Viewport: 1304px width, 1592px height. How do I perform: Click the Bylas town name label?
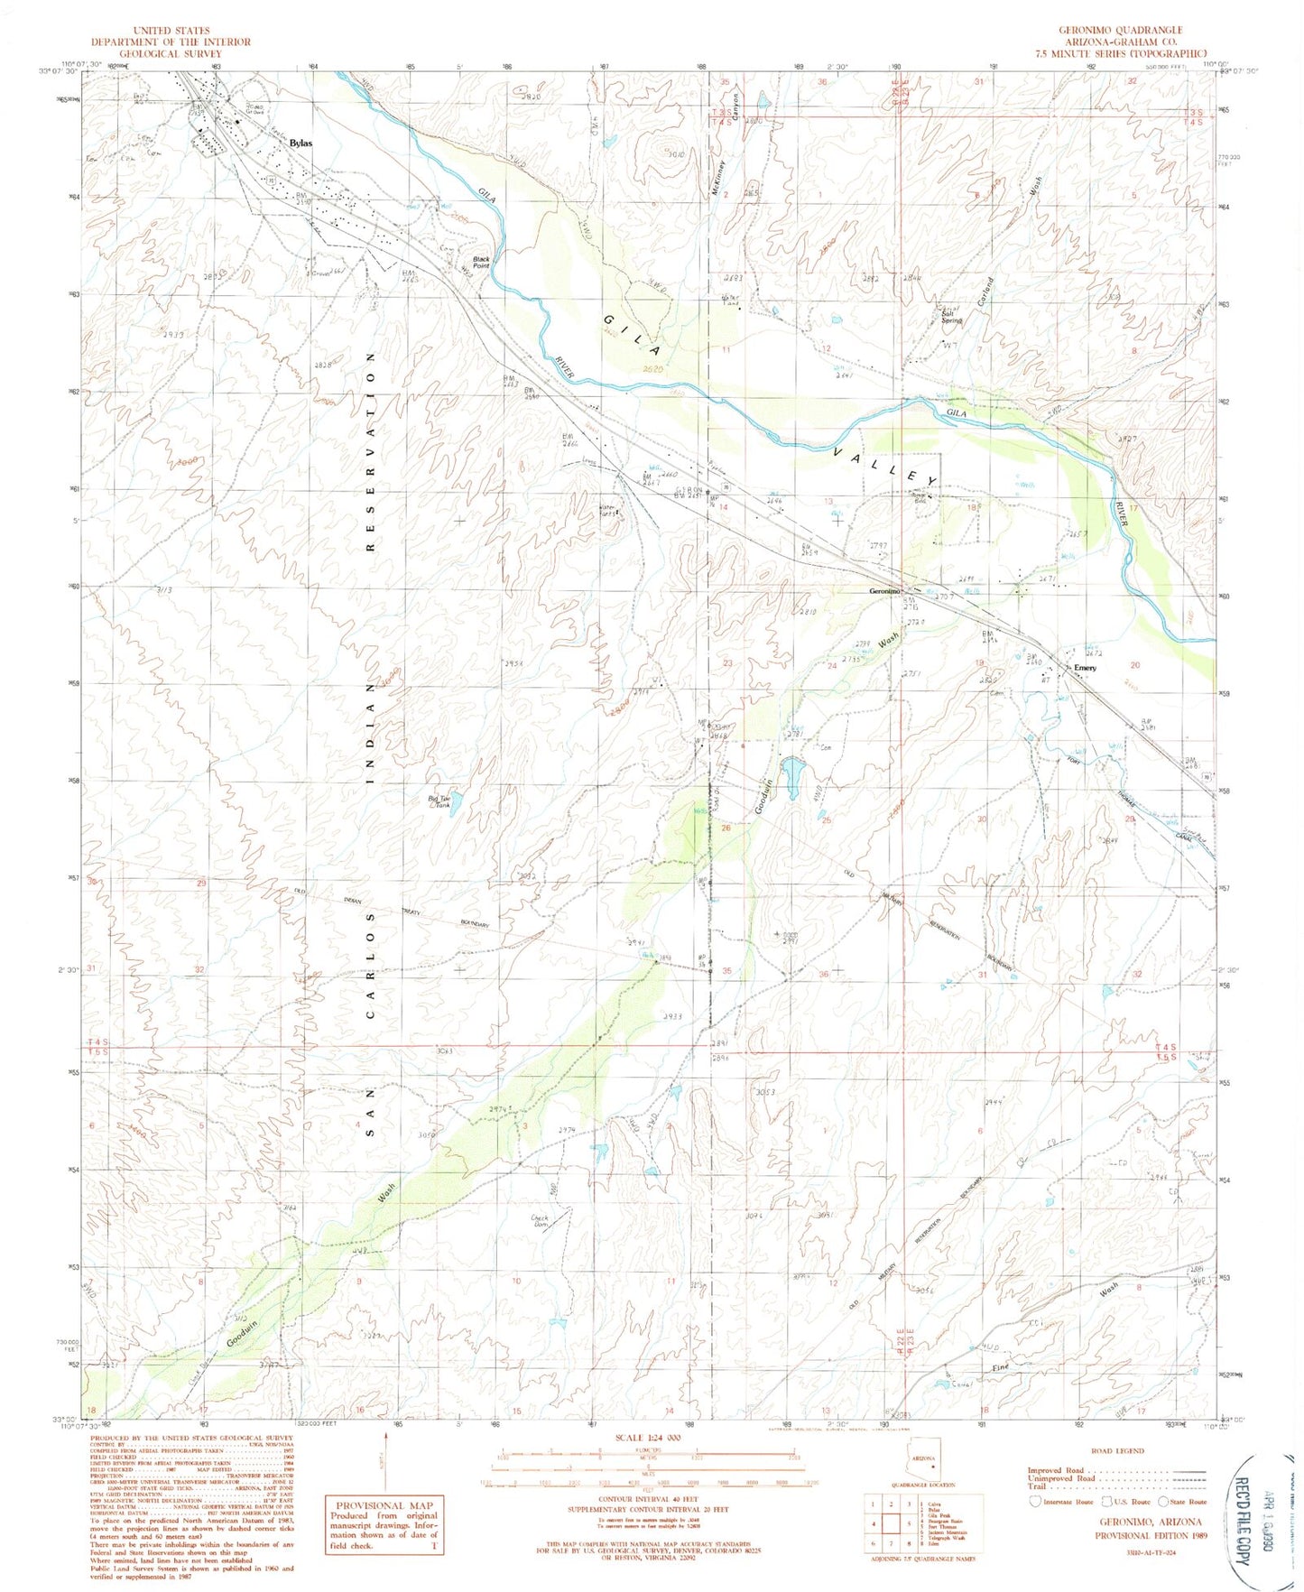[301, 143]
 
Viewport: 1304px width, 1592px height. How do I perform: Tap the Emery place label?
[1085, 668]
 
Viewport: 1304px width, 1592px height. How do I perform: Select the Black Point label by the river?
[481, 262]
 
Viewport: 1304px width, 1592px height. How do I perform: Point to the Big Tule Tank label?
[439, 801]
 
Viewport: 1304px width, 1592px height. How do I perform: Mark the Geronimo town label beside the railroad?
[884, 591]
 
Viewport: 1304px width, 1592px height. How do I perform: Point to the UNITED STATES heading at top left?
[171, 31]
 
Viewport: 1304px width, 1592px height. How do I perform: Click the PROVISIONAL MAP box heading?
[384, 1505]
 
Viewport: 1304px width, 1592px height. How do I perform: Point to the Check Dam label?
[541, 1220]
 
